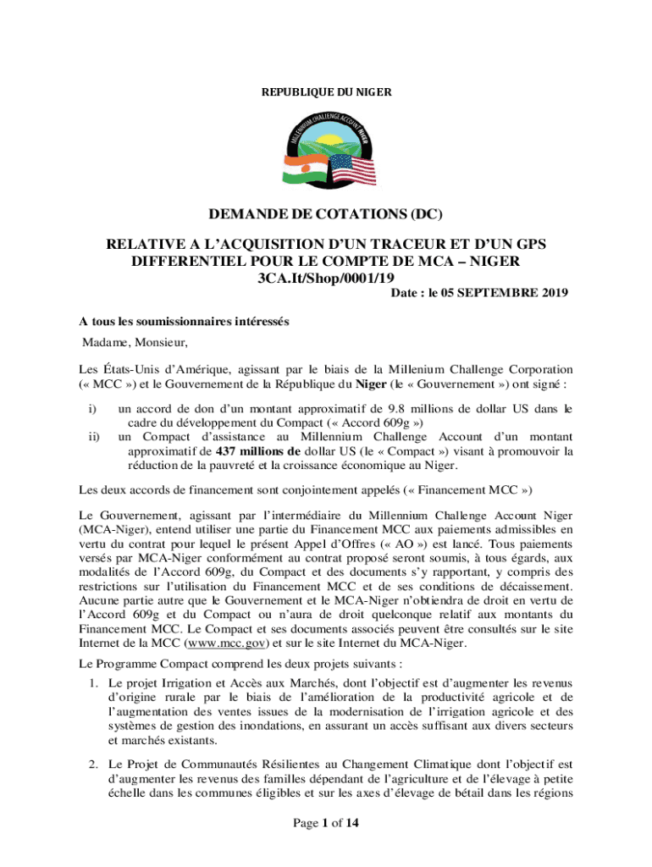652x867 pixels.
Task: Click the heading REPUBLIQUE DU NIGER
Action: point(326,91)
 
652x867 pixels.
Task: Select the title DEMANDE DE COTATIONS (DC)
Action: point(326,216)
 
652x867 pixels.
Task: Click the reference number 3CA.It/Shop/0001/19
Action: point(325,277)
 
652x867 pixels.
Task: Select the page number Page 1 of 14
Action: point(325,821)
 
